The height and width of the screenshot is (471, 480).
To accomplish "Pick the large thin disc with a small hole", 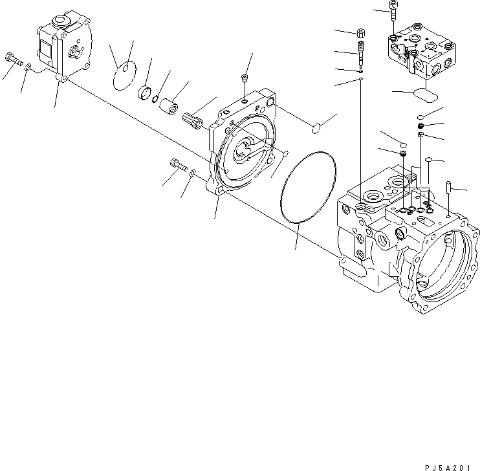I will pos(124,73).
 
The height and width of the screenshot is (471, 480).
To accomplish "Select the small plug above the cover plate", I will pos(244,80).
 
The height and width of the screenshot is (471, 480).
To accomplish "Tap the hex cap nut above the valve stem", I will pos(360,32).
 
